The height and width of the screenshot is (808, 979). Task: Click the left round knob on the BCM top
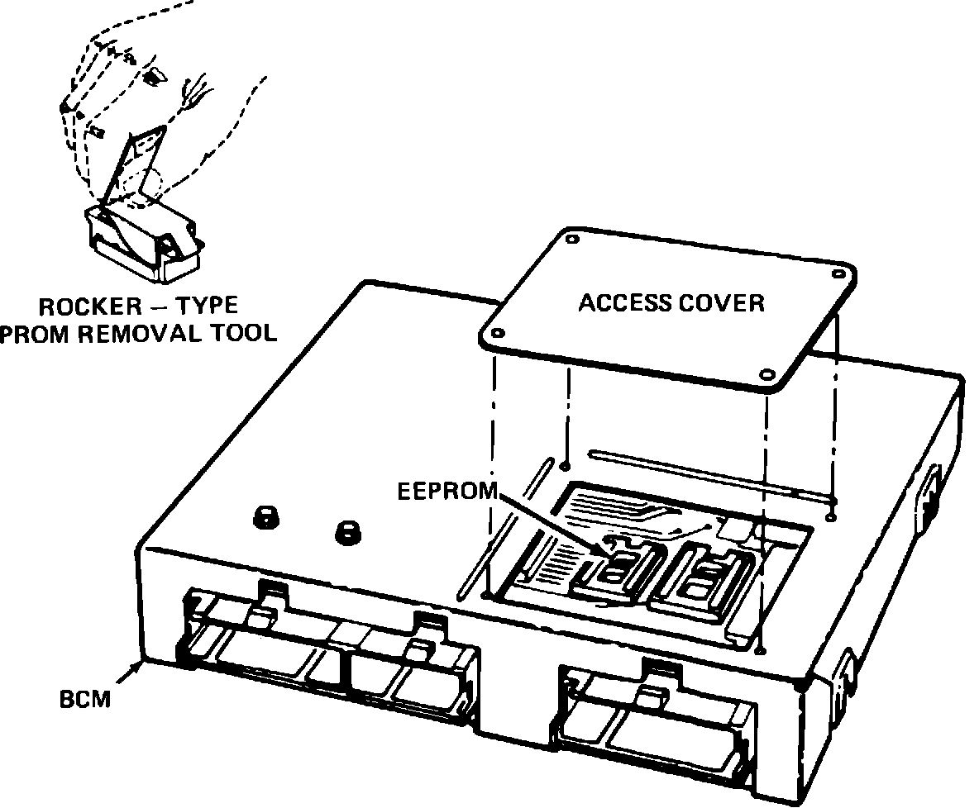[265, 516]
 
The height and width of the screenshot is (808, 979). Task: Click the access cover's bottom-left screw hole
[496, 334]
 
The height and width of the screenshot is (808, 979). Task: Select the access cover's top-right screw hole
[838, 276]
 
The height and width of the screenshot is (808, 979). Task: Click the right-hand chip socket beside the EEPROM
[709, 578]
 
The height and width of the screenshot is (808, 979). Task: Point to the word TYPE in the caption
[207, 307]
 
